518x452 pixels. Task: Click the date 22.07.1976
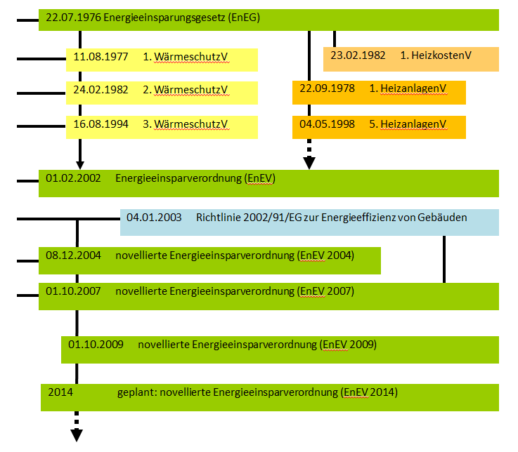pos(73,18)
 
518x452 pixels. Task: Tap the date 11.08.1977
pos(101,57)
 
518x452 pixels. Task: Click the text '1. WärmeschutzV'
pos(186,57)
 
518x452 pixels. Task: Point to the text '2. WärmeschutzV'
pos(186,91)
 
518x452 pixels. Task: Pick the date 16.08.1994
pos(101,124)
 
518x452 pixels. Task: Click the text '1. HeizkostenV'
pos(435,55)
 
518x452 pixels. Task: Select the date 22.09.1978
pos(328,88)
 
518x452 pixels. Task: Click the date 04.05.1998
pos(328,124)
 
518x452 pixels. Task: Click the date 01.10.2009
pos(96,345)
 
